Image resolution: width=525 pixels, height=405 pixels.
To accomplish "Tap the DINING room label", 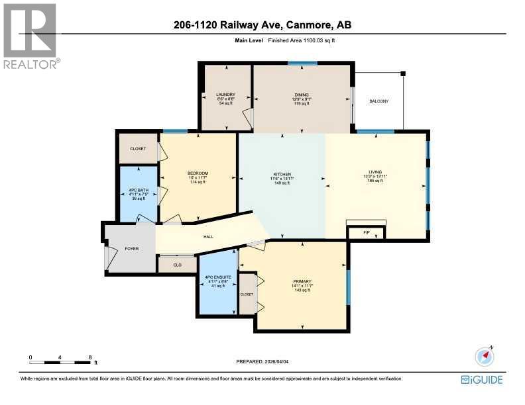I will (x=302, y=95).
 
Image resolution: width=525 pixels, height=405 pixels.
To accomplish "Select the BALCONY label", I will (x=379, y=101).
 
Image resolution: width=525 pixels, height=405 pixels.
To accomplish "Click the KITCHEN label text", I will (x=282, y=174).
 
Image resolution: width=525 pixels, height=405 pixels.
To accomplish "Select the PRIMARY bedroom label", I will (x=302, y=281).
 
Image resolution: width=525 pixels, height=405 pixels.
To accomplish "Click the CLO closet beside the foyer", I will (x=177, y=265).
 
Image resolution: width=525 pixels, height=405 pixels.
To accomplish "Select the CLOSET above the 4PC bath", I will (x=137, y=148).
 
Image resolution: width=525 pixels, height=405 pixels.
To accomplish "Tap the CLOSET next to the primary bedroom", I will (x=247, y=293).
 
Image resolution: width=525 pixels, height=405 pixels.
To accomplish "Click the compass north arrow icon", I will (x=485, y=356).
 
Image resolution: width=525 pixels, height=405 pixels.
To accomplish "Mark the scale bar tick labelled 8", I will (x=90, y=357).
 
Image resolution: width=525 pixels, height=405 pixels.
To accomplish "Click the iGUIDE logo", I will (x=482, y=379).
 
